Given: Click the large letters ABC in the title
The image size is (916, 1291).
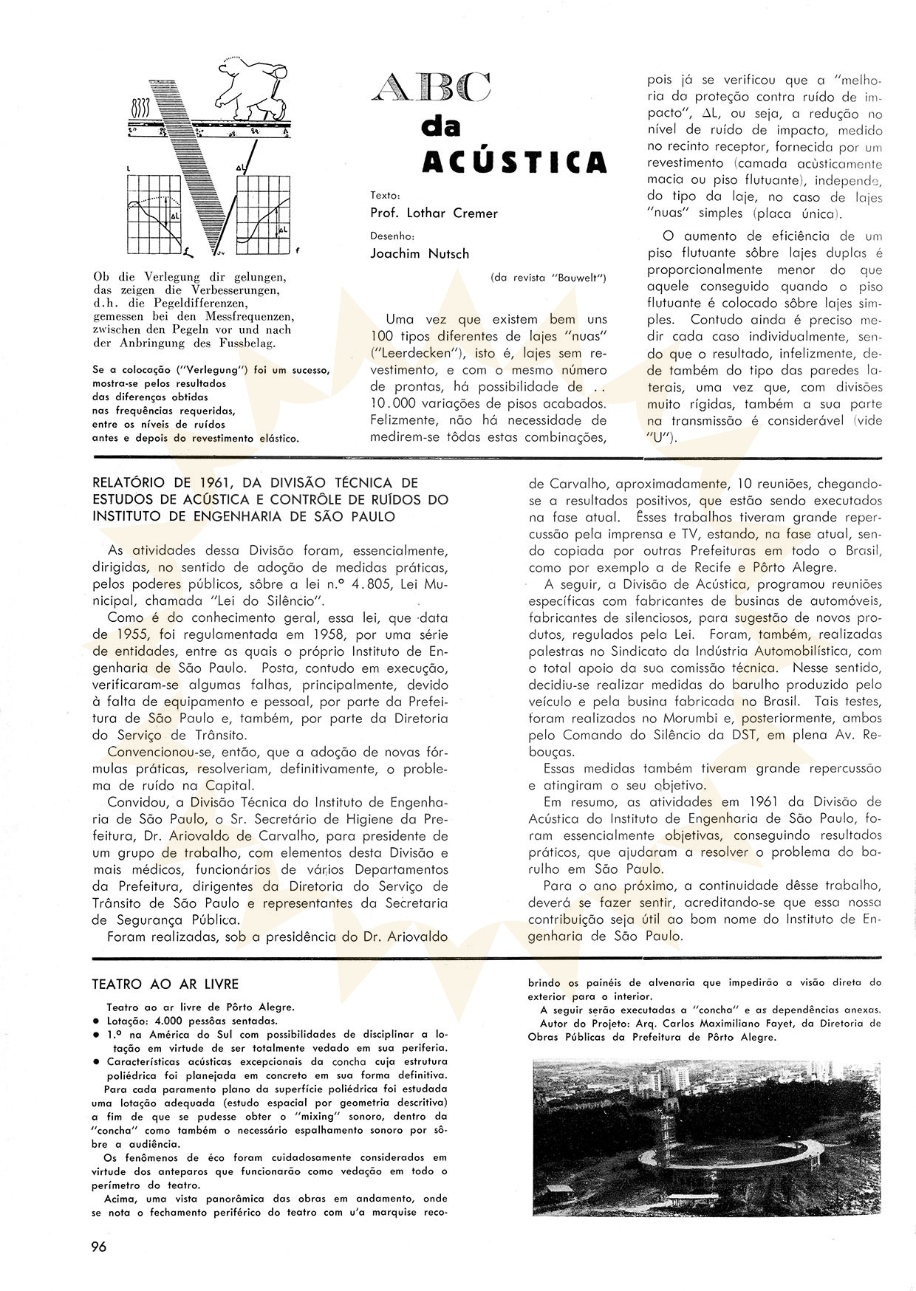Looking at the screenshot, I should point(431,89).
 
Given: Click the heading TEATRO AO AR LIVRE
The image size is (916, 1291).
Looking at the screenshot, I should point(165,984).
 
